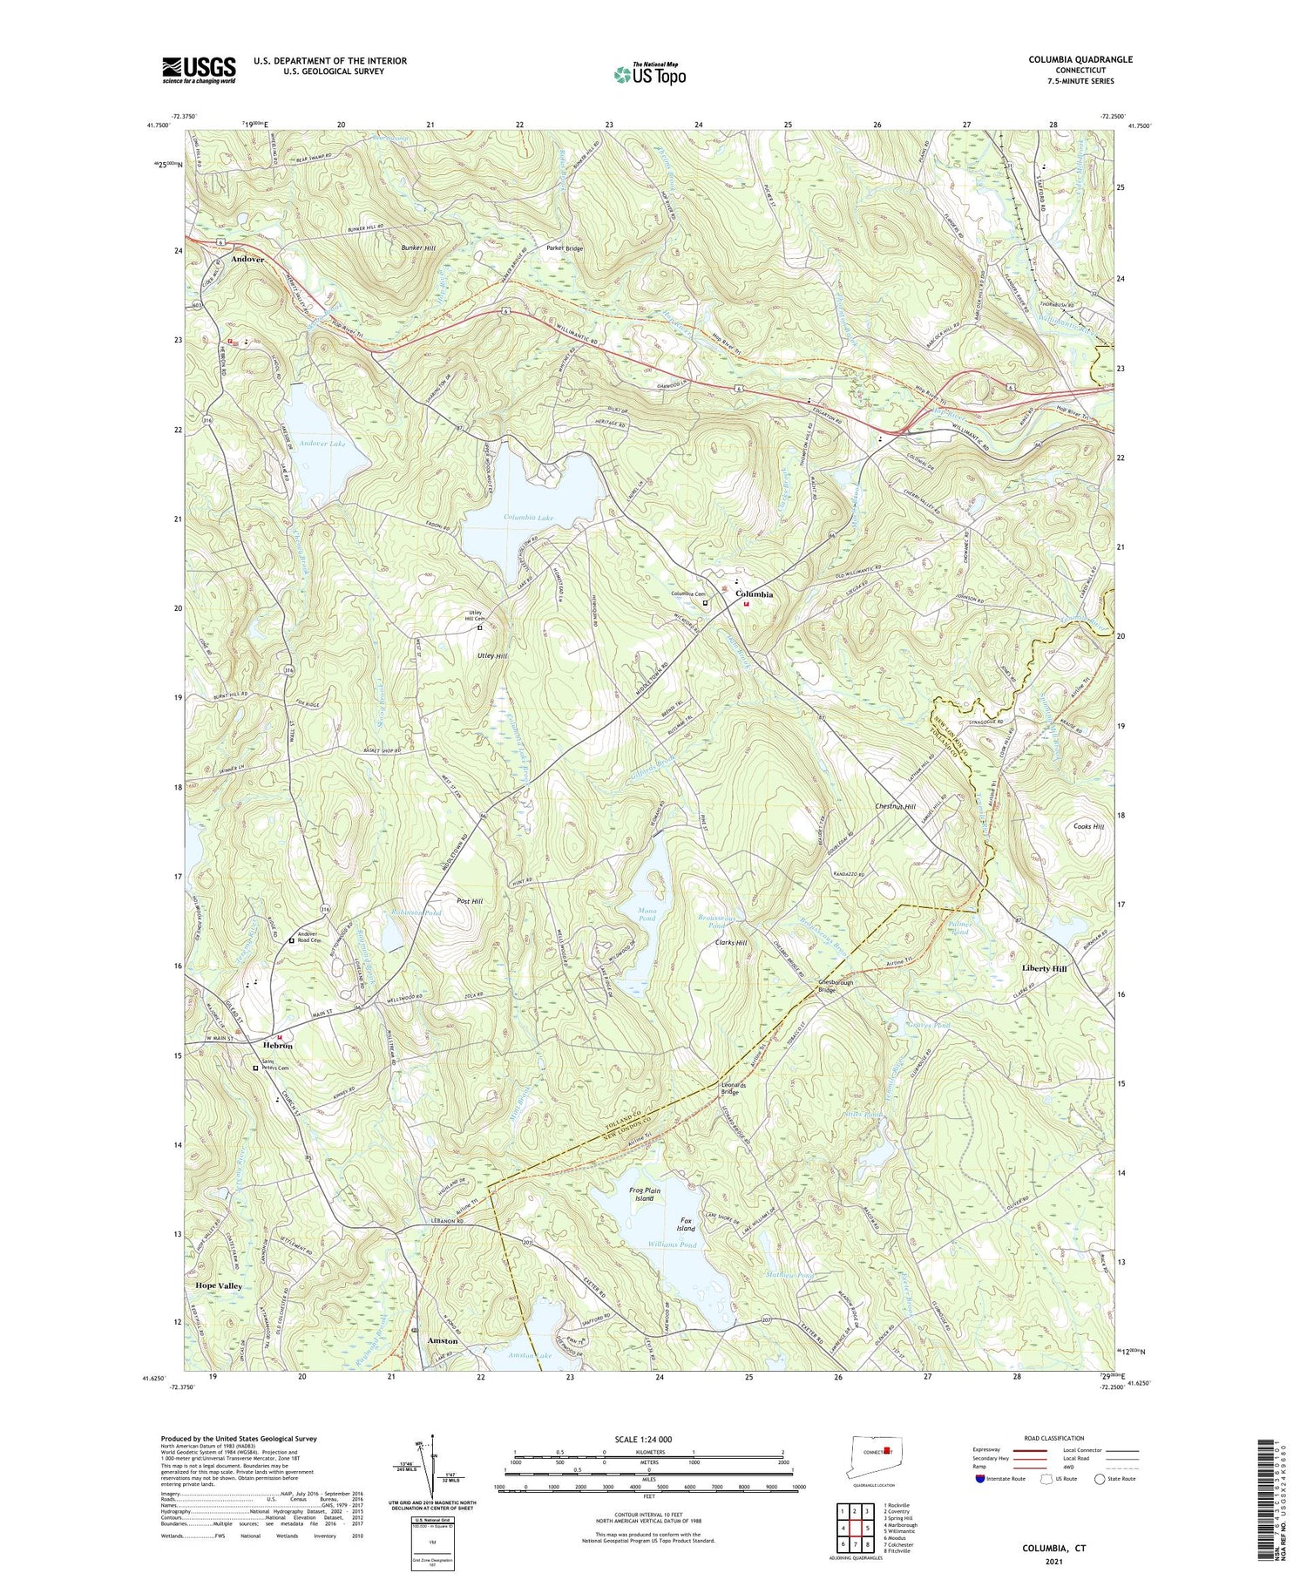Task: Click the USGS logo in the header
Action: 199,70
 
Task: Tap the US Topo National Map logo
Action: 649,75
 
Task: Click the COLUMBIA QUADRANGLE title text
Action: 1080,59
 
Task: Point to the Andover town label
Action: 247,260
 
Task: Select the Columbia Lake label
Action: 529,519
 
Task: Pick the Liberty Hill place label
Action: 1044,968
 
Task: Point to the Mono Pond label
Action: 647,913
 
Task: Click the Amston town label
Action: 442,1341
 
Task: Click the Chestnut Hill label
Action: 895,807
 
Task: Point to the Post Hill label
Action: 470,900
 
